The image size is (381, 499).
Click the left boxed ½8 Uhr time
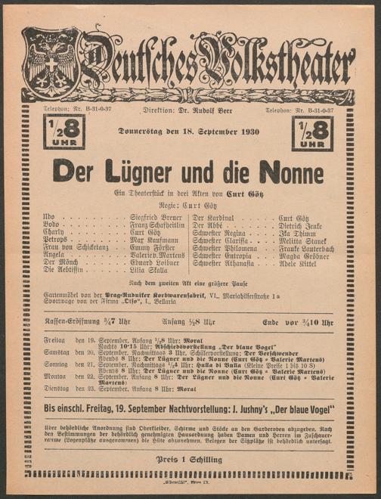point(64,131)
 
